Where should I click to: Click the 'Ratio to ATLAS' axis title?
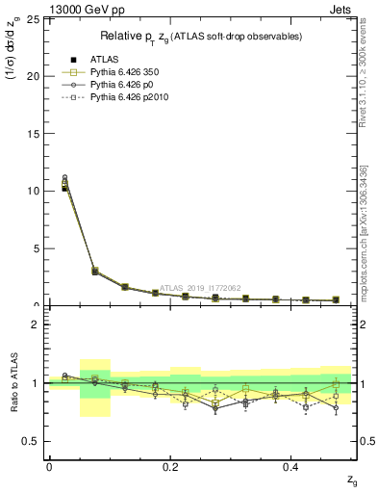[13, 383]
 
